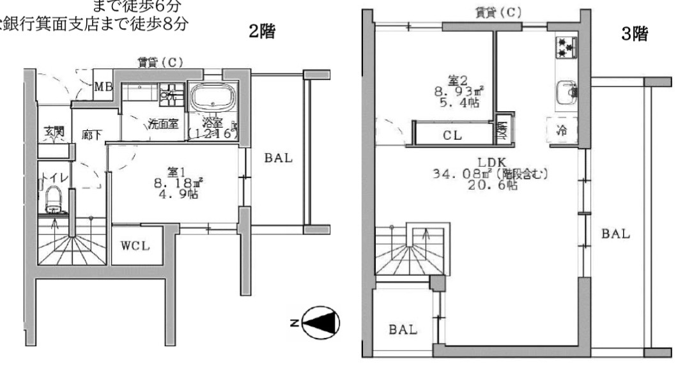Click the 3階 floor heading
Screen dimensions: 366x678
pyautogui.click(x=635, y=34)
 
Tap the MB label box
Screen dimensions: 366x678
pyautogui.click(x=104, y=87)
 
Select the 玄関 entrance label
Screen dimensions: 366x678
pyautogui.click(x=54, y=132)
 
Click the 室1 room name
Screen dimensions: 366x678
pyautogui.click(x=176, y=172)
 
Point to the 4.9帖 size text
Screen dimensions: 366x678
pyautogui.click(x=176, y=194)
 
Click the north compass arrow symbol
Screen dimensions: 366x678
pyautogui.click(x=321, y=321)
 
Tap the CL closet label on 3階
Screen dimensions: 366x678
pyautogui.click(x=452, y=135)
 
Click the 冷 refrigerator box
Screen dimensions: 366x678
pyautogui.click(x=562, y=130)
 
